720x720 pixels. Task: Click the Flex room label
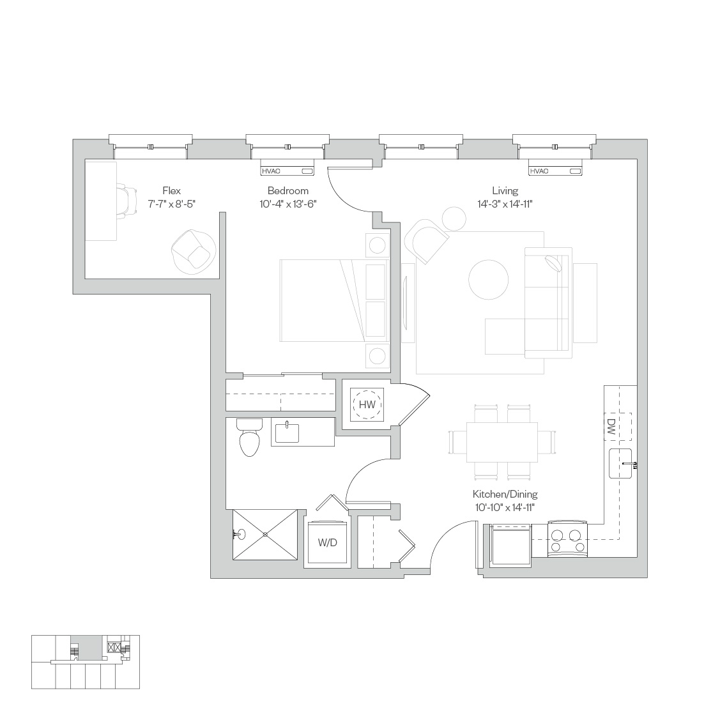click(x=171, y=190)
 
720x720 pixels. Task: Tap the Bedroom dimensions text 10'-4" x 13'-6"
click(x=288, y=204)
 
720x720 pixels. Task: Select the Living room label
click(x=505, y=190)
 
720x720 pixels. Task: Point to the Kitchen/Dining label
click(x=505, y=494)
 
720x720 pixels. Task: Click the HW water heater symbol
click(x=367, y=404)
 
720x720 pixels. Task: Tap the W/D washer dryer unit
click(x=327, y=542)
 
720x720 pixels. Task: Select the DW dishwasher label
click(x=611, y=427)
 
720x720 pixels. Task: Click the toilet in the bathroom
click(x=249, y=438)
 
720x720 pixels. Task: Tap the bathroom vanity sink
click(x=287, y=433)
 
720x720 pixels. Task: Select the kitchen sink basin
click(x=620, y=464)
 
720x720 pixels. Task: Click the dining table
click(x=502, y=442)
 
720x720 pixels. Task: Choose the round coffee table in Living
click(x=489, y=280)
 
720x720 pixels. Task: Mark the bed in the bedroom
click(x=334, y=301)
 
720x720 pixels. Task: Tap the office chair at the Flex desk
click(x=126, y=200)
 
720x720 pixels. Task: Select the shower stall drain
click(x=265, y=534)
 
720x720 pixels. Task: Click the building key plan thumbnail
click(x=86, y=662)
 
